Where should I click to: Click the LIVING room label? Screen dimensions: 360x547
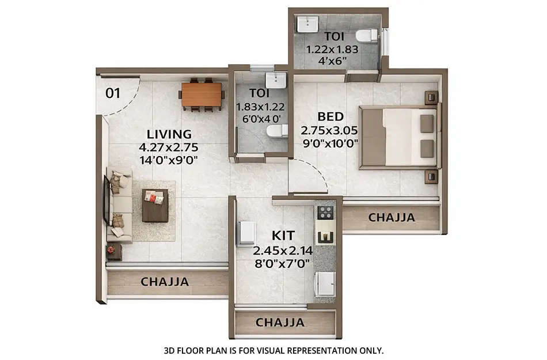tap(169, 134)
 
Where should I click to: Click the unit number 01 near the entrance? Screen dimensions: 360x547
tap(113, 92)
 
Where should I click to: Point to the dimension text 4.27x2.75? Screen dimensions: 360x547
tap(169, 147)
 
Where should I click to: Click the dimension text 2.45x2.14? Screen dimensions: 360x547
tap(282, 250)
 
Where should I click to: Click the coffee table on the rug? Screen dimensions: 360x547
tap(155, 205)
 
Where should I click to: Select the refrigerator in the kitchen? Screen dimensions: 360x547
tap(247, 233)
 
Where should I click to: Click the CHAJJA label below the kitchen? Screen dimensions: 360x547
tap(280, 323)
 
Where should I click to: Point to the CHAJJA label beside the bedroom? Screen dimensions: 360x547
tap(392, 218)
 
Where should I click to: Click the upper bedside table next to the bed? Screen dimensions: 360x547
tap(431, 98)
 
